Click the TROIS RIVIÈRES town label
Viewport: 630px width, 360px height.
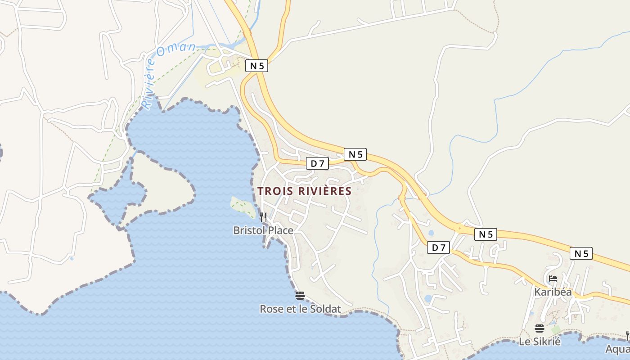coord(304,191)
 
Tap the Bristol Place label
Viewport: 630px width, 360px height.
coord(263,230)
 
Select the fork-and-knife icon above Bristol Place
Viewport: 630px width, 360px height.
coord(263,217)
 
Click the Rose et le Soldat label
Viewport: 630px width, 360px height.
coord(300,309)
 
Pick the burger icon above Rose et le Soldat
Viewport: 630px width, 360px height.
coord(300,296)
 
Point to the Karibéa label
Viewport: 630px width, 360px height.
coord(553,292)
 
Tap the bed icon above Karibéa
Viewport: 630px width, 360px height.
coord(553,279)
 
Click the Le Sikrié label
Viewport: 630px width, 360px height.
coord(540,342)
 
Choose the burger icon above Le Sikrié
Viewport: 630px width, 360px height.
coord(540,328)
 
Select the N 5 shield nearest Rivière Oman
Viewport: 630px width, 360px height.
coord(256,66)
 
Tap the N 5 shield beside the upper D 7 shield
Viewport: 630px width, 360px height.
coord(355,154)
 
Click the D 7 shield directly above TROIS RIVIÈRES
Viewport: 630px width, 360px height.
coord(317,164)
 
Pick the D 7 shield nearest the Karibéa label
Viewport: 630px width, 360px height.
coord(438,247)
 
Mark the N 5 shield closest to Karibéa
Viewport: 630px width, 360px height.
coord(581,254)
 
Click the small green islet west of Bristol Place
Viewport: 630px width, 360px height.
coord(243,205)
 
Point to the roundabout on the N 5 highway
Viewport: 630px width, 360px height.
coord(459,228)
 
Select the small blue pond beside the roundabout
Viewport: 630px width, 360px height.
coord(431,234)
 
